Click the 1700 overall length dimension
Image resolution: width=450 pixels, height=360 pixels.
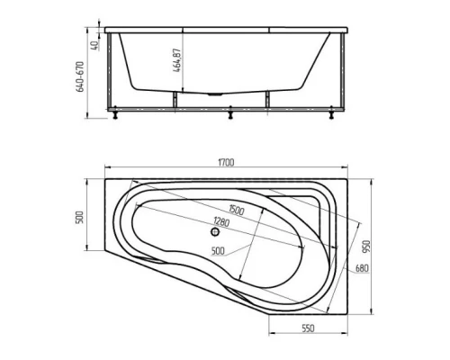click(225, 162)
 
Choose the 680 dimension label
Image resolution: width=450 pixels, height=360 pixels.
click(362, 267)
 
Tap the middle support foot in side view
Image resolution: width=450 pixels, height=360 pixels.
click(231, 113)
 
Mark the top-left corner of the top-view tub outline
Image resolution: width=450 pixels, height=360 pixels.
click(106, 177)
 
